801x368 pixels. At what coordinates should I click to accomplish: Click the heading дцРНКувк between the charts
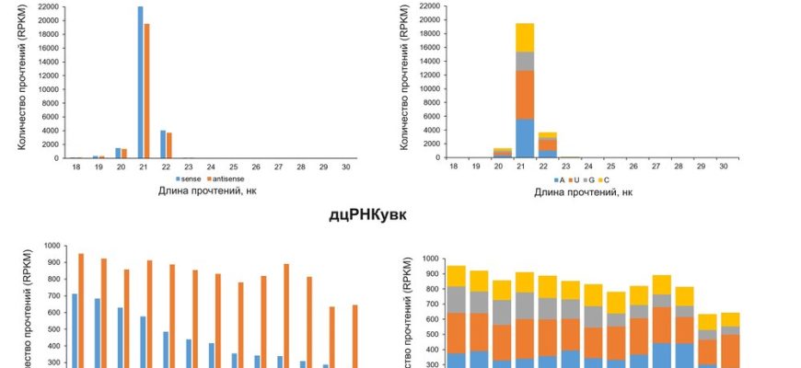[368, 216]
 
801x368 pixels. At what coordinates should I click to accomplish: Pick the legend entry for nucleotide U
[570, 178]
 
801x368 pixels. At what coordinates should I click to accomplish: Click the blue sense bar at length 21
[141, 83]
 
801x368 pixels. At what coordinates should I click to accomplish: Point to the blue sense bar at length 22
[163, 144]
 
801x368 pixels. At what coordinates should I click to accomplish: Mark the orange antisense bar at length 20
[124, 154]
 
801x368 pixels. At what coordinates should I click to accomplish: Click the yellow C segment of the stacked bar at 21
[524, 38]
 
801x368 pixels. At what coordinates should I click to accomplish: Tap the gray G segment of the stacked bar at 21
[524, 61]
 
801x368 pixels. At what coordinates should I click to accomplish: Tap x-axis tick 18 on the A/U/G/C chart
[454, 166]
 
